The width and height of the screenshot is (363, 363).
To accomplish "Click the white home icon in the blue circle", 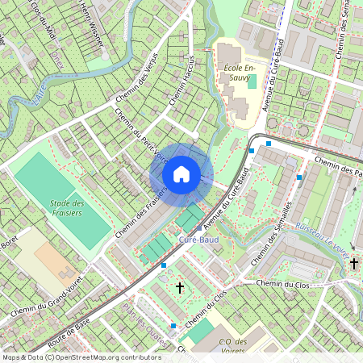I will pyautogui.click(x=181, y=173).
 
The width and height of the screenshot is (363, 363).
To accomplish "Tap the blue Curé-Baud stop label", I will pyautogui.click(x=198, y=240).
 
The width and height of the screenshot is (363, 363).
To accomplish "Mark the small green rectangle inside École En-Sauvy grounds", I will pyautogui.click(x=252, y=81).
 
